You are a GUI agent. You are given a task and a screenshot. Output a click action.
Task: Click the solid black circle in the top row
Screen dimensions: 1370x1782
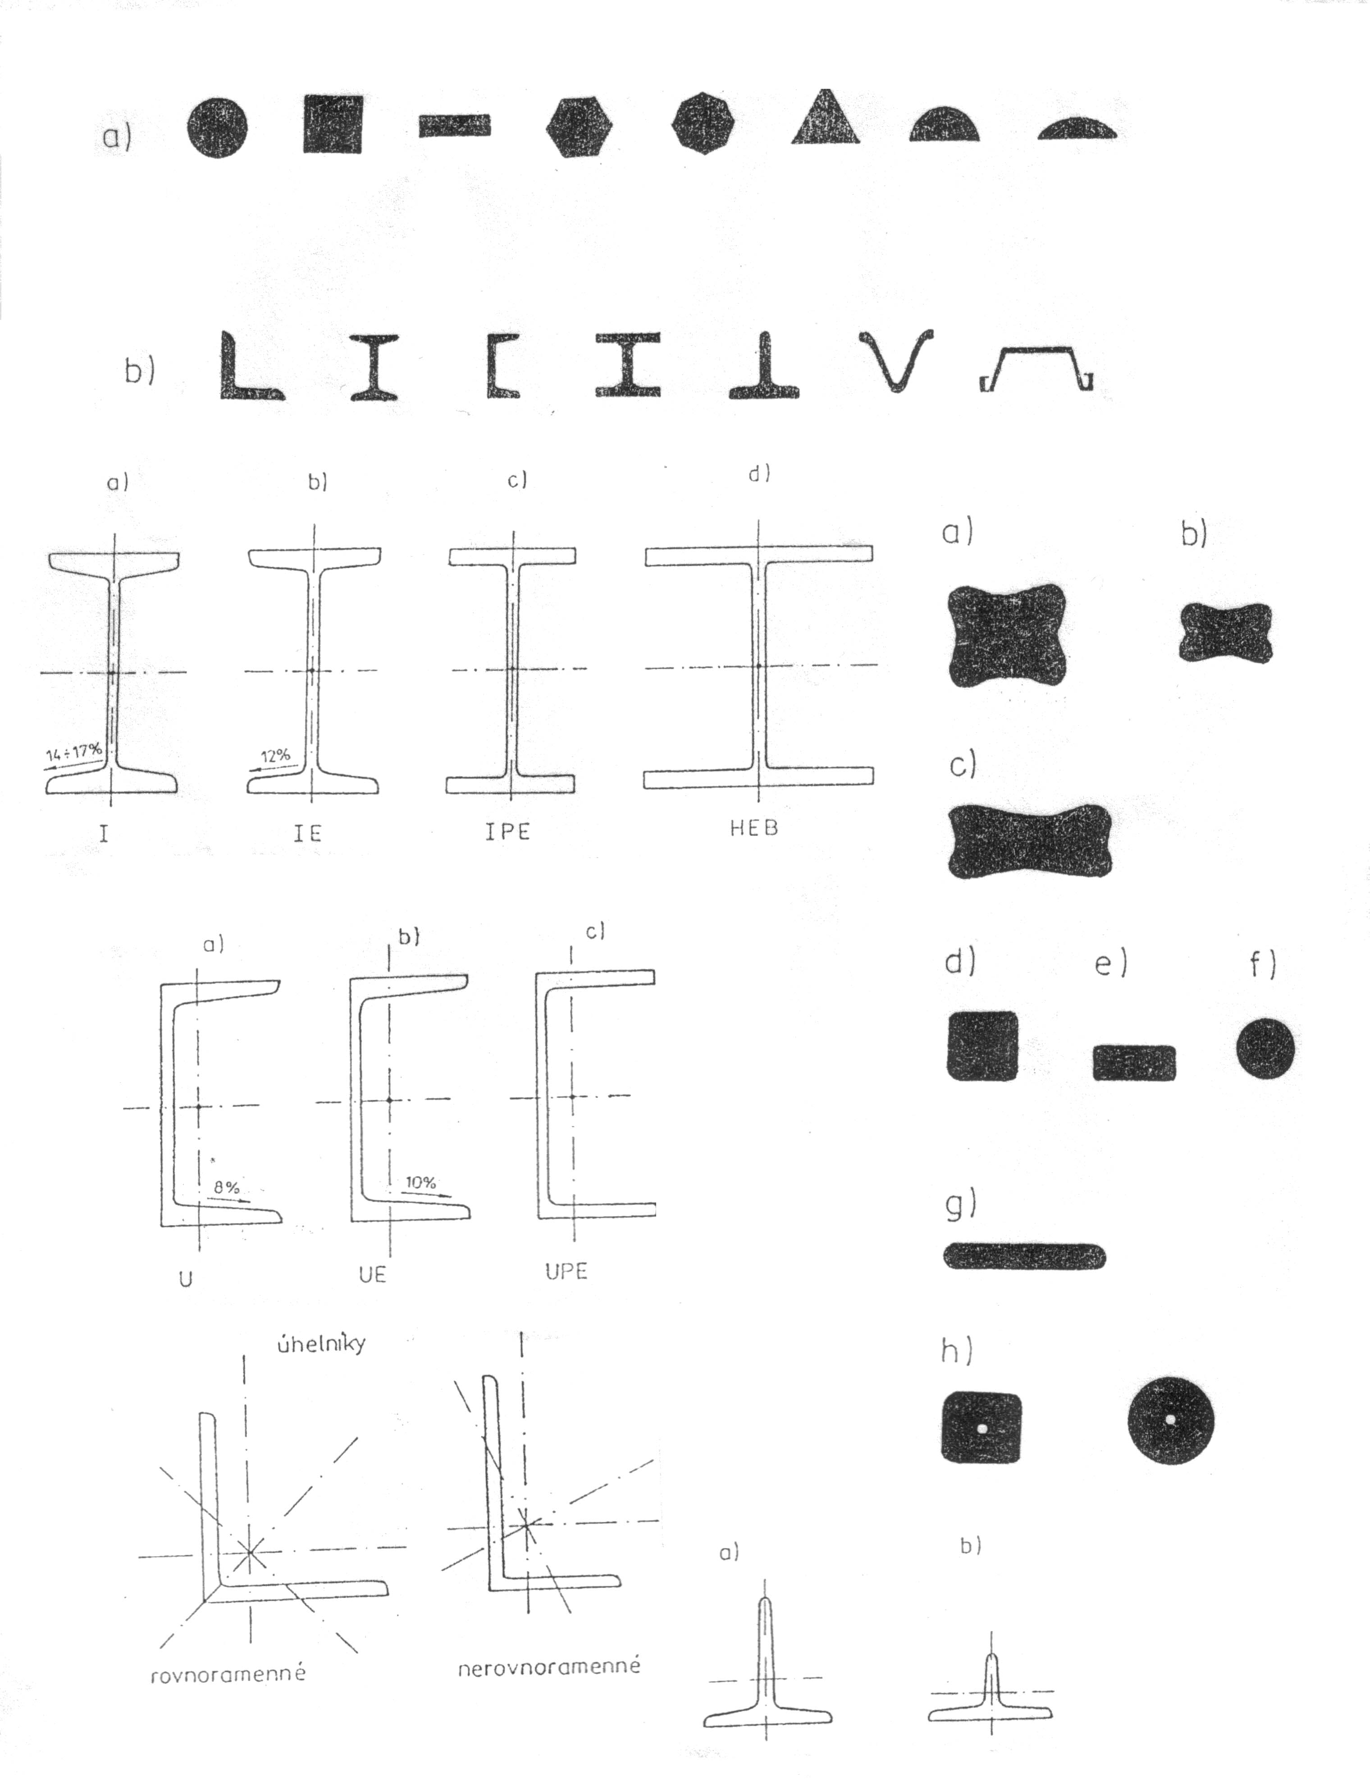[216, 128]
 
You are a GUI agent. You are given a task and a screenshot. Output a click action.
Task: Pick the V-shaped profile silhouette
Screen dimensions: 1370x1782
[895, 359]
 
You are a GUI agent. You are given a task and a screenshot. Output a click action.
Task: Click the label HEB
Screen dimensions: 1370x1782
[754, 828]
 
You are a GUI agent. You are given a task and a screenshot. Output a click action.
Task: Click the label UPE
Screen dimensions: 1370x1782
[566, 1271]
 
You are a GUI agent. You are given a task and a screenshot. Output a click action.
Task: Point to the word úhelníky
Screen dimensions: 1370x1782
[320, 1342]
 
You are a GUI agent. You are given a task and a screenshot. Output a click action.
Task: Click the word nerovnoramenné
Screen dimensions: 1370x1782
[549, 1666]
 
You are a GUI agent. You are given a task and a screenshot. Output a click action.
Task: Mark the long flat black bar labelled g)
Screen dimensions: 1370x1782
[1024, 1257]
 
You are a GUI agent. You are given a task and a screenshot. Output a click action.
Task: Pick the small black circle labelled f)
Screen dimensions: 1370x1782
[1265, 1048]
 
